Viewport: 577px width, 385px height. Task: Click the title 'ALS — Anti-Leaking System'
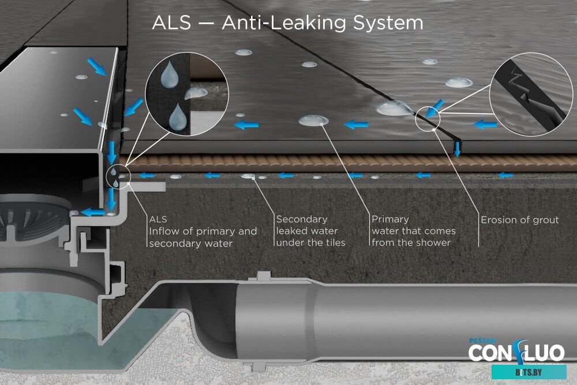[x=287, y=23]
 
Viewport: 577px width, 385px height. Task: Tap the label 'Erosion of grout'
[x=519, y=220]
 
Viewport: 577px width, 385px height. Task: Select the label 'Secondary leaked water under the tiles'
[x=310, y=231]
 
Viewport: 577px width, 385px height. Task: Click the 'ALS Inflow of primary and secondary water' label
[x=203, y=231]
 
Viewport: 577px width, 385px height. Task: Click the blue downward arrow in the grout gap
[x=457, y=148]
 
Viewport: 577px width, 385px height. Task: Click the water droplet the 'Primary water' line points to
[x=314, y=120]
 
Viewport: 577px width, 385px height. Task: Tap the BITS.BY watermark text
[x=528, y=372]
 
